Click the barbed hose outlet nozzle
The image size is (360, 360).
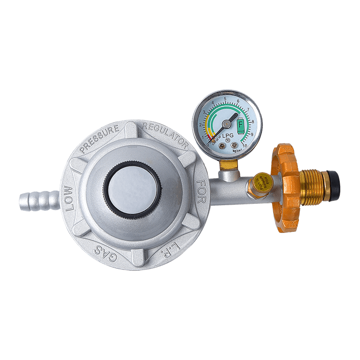38,198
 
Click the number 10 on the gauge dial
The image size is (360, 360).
244,145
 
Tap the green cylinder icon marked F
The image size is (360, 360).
240,123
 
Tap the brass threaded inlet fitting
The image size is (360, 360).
315,184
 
